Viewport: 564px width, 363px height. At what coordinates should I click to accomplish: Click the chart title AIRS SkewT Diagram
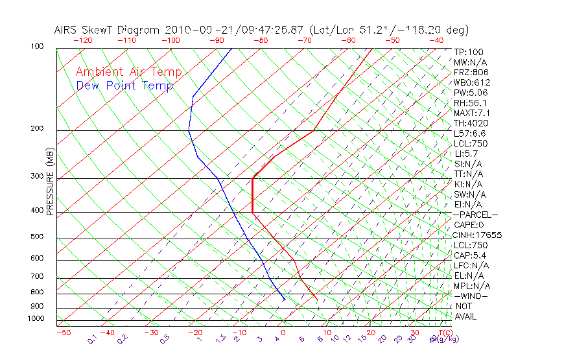point(108,30)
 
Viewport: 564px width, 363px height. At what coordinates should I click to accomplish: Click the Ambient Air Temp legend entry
point(128,73)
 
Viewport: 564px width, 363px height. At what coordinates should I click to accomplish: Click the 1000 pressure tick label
point(36,319)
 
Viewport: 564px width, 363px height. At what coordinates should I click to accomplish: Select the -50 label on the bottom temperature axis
point(63,333)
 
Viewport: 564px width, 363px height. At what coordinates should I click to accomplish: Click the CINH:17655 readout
point(478,235)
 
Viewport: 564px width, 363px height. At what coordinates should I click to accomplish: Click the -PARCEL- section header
point(475,215)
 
